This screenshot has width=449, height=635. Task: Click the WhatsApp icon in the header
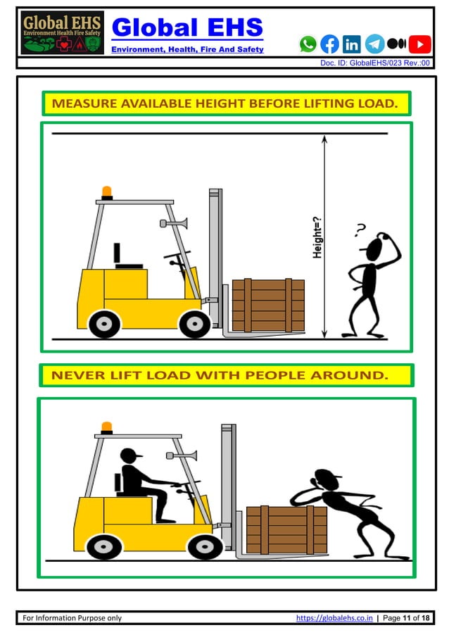coord(308,44)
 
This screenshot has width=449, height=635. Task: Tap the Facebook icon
coord(329,44)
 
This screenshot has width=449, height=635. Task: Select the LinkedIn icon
coord(351,44)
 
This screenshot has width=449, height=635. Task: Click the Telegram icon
coord(374,44)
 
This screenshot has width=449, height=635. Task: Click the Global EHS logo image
coord(62,33)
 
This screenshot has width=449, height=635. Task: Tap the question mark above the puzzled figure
coord(361,228)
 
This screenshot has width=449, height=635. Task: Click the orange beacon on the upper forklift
coord(107,192)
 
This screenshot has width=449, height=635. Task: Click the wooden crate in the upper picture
coord(268,305)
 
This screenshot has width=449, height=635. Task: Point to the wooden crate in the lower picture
coord(286,529)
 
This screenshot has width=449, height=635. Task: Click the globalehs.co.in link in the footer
coord(334,618)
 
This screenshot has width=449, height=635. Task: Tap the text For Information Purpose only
coord(72,618)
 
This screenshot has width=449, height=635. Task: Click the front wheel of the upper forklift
coord(194,324)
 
